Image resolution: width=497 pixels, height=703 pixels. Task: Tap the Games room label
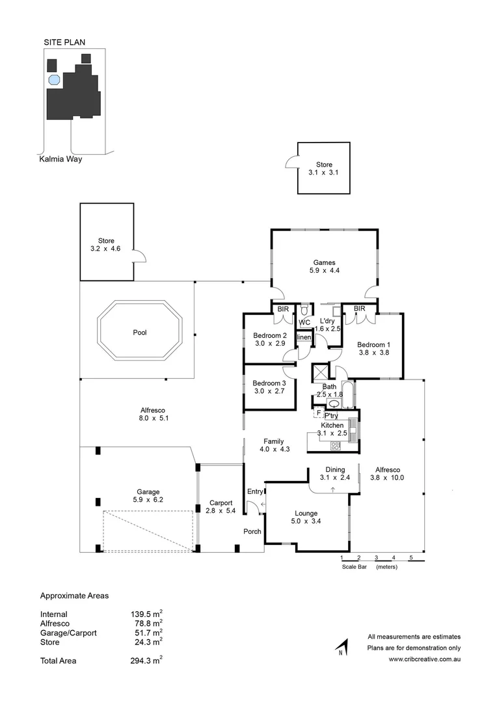[323, 263]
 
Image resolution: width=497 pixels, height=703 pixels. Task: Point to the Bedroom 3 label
[269, 383]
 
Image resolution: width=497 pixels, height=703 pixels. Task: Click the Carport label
[221, 503]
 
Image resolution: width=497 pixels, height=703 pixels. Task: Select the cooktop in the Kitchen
[336, 446]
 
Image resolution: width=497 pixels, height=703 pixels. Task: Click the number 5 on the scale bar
[411, 558]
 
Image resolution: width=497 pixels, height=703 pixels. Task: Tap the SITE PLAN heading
[64, 42]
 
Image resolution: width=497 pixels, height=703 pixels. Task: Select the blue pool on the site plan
[54, 81]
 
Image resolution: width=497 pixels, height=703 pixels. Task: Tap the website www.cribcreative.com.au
[425, 659]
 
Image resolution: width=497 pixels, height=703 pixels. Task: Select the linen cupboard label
[304, 337]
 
